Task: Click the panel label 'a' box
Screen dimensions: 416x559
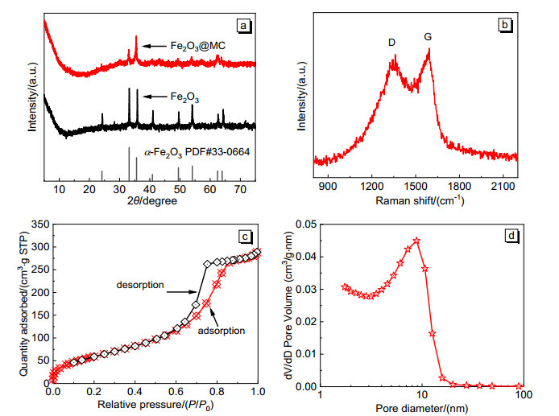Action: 244,26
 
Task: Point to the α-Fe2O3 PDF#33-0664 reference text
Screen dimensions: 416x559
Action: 190,151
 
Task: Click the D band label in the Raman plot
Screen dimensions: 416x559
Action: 391,42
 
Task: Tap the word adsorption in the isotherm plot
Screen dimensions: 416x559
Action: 222,330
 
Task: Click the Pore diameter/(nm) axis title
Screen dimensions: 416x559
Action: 421,409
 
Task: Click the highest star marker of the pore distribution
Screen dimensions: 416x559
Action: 416,241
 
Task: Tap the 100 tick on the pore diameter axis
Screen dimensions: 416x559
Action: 521,397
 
